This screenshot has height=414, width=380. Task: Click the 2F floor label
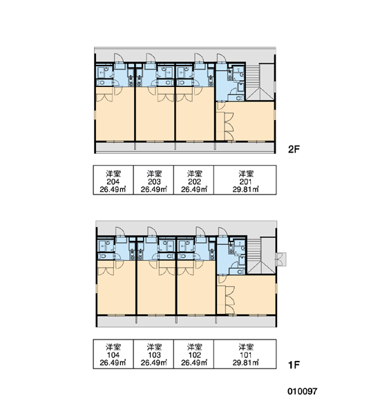pyautogui.click(x=294, y=150)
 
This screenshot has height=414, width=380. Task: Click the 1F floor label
pyautogui.click(x=294, y=365)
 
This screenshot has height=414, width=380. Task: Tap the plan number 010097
pyautogui.click(x=302, y=391)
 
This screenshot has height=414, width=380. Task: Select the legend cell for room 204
pyautogui.click(x=113, y=180)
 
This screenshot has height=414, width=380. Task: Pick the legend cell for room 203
pyautogui.click(x=153, y=180)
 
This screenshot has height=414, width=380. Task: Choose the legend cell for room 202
pyautogui.click(x=194, y=180)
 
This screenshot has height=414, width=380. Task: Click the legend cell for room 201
pyautogui.click(x=245, y=180)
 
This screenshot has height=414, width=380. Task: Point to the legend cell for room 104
pyautogui.click(x=113, y=354)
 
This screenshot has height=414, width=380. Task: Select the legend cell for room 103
pyautogui.click(x=153, y=354)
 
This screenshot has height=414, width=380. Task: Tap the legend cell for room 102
pyautogui.click(x=194, y=354)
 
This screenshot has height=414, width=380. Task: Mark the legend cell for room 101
pyautogui.click(x=245, y=354)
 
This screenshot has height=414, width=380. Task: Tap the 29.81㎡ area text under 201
pyautogui.click(x=246, y=189)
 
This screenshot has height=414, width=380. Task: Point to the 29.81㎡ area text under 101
pyautogui.click(x=246, y=363)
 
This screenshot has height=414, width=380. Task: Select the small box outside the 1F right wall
pyautogui.click(x=281, y=259)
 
